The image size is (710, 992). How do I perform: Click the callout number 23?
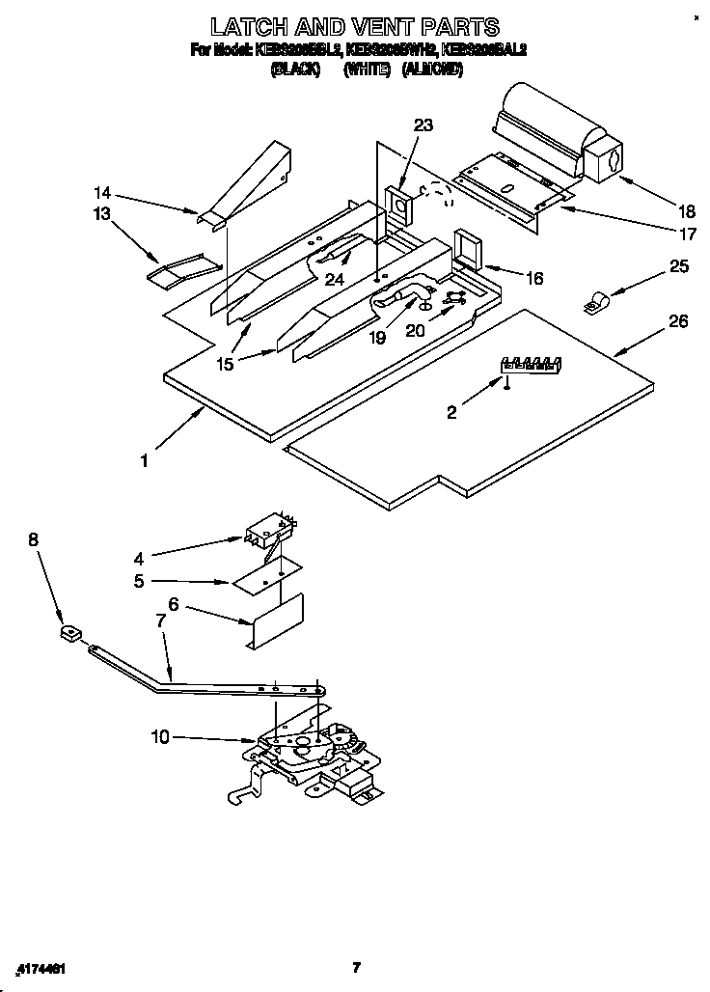pyautogui.click(x=423, y=124)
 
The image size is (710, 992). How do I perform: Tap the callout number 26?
pyautogui.click(x=678, y=321)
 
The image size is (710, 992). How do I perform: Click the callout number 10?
pyautogui.click(x=160, y=737)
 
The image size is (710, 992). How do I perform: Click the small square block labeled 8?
pyautogui.click(x=67, y=634)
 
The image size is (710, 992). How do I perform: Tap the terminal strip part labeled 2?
pyautogui.click(x=529, y=364)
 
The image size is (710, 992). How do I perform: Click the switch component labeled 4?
pyautogui.click(x=269, y=531)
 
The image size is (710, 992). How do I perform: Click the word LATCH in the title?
pyautogui.click(x=252, y=26)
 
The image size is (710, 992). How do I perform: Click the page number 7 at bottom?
pyautogui.click(x=356, y=967)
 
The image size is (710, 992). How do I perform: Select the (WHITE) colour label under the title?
pyautogui.click(x=368, y=70)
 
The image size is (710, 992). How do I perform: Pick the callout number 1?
pyautogui.click(x=144, y=461)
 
